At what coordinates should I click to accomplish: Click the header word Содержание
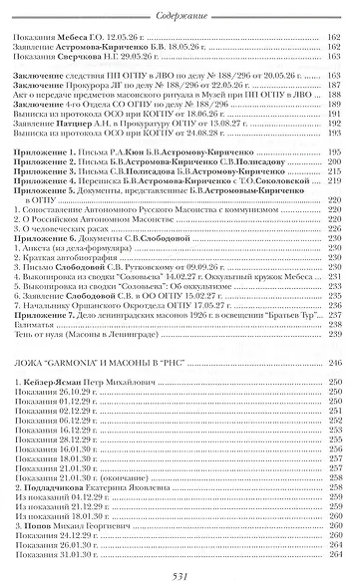coord(180,8)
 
